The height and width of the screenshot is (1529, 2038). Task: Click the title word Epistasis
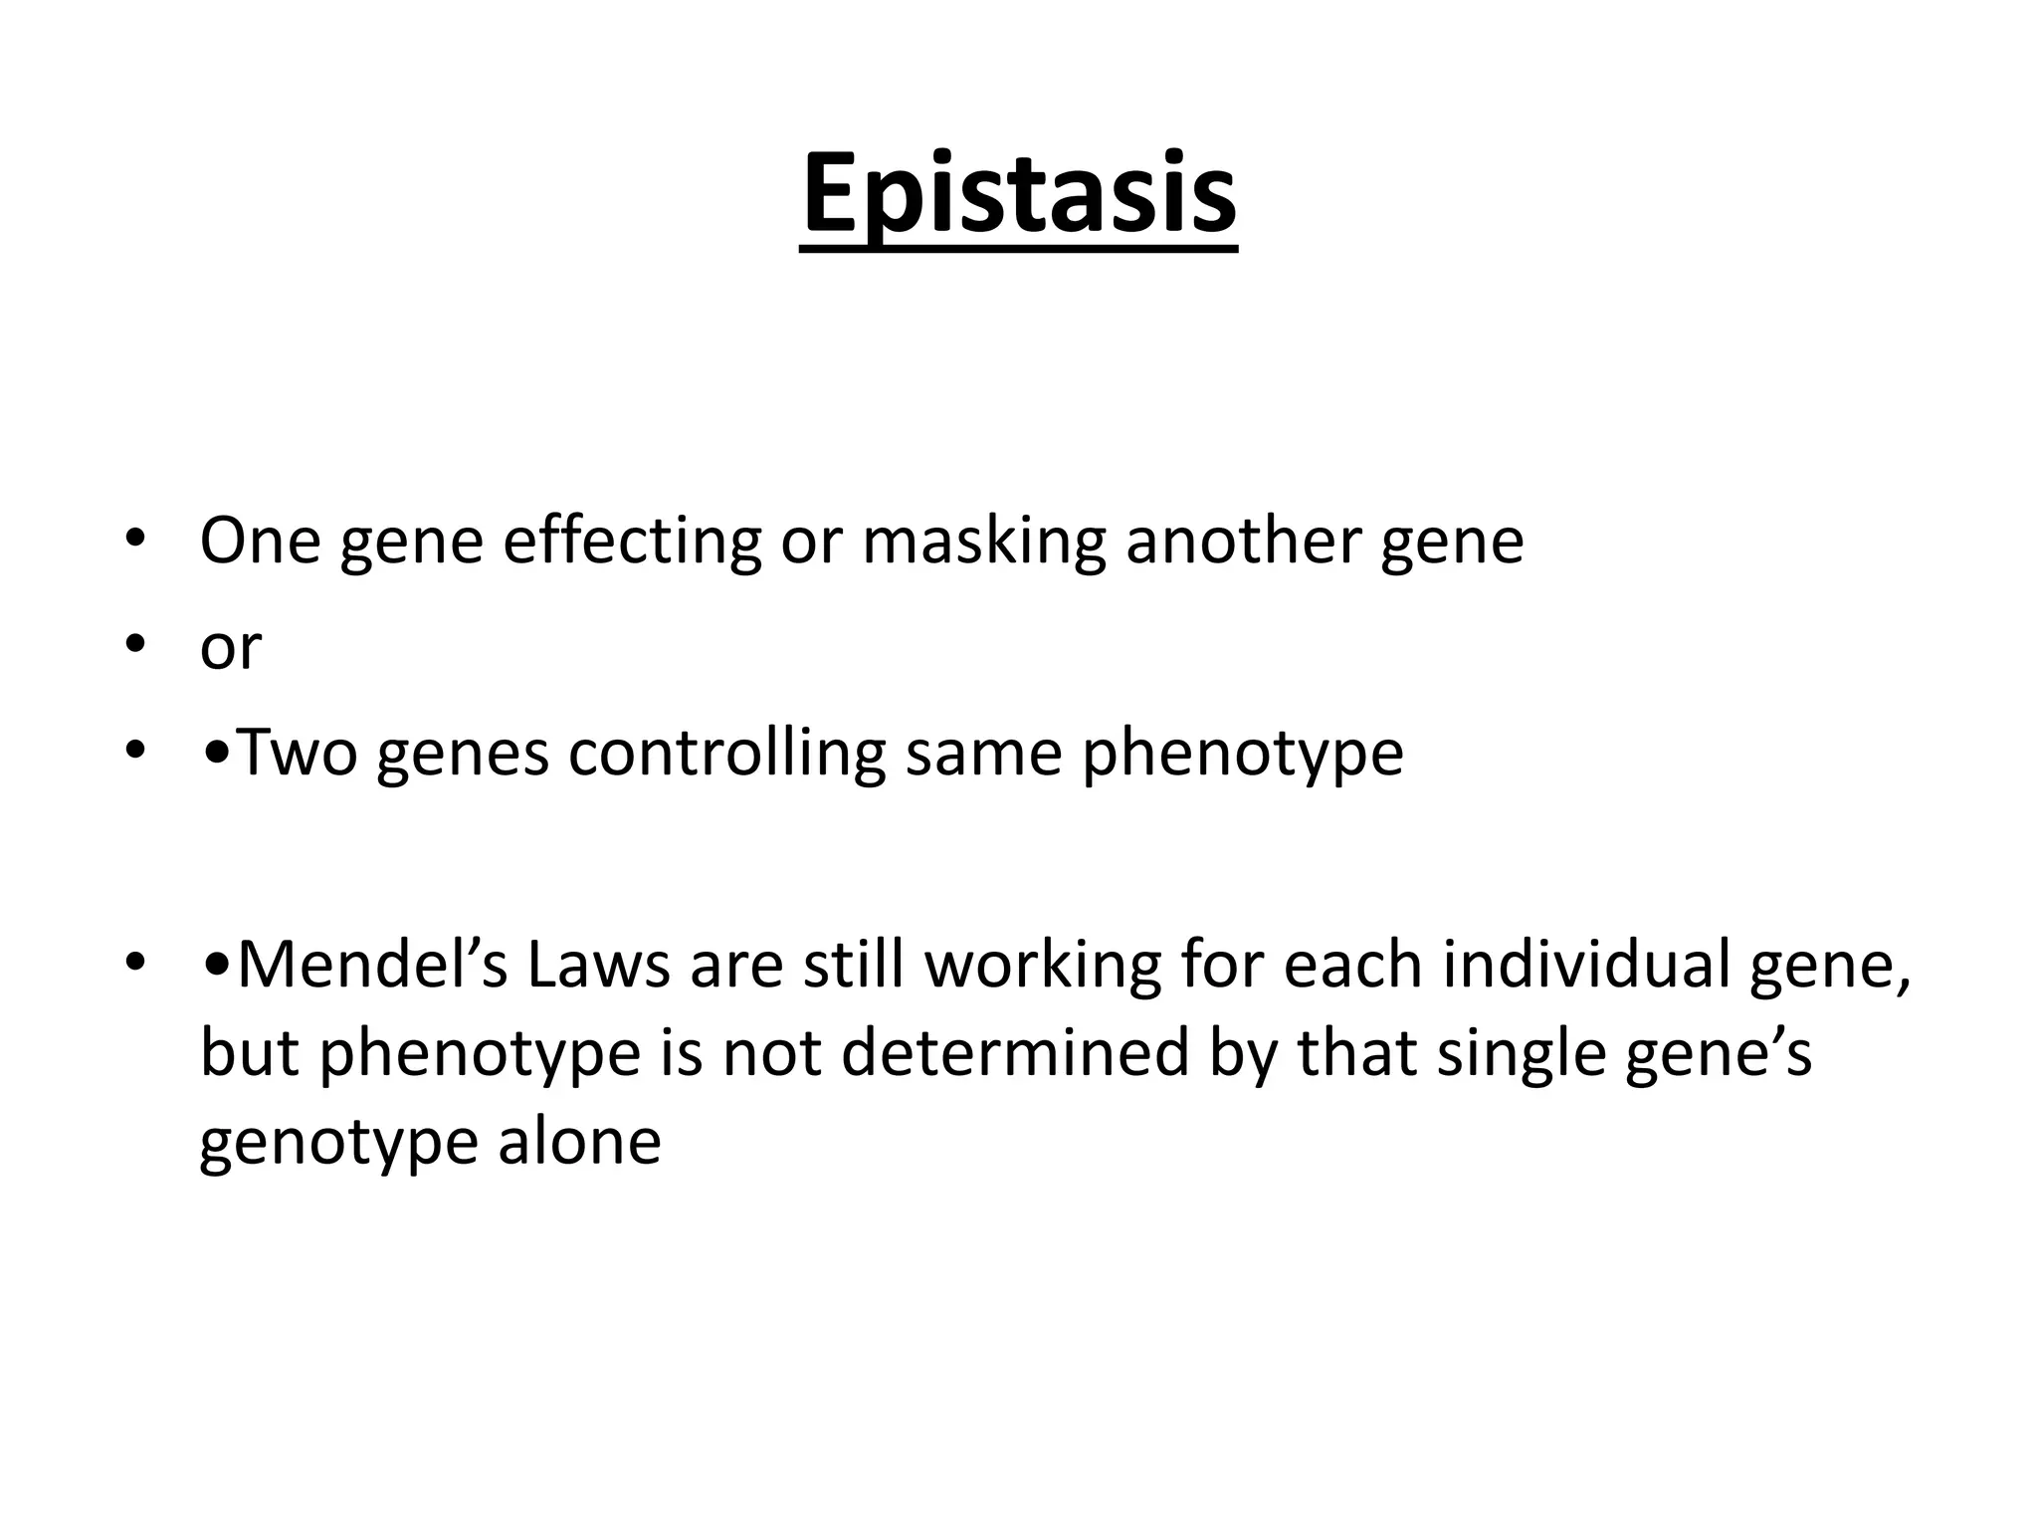click(1018, 194)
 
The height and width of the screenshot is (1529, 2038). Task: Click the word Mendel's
click(373, 965)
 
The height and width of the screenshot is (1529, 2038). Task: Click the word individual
click(1586, 965)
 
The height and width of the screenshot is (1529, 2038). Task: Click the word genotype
click(338, 1143)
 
